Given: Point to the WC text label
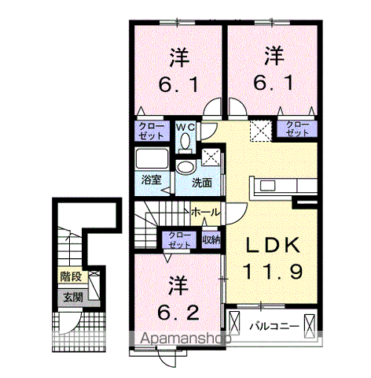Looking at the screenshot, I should (185, 127).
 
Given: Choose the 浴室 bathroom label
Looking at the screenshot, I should (151, 180).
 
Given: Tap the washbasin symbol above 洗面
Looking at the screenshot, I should (186, 166).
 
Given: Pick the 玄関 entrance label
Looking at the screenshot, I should (72, 297).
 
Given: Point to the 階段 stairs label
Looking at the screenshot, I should (72, 276).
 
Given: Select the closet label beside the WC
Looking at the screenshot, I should (152, 130).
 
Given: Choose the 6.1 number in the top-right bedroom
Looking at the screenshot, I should (273, 81).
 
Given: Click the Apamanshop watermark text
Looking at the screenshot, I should (182, 339).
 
